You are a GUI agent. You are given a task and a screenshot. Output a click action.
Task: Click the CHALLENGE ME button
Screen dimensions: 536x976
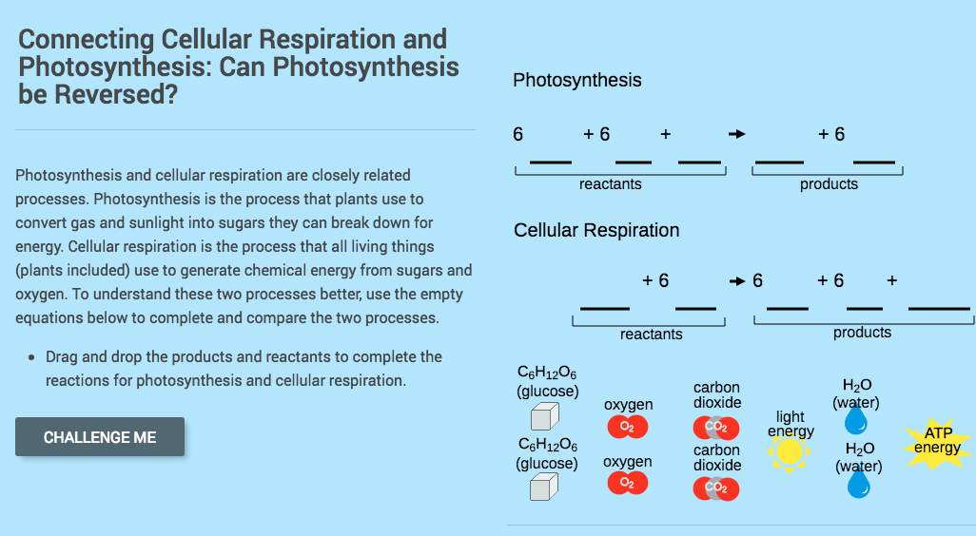tap(100, 437)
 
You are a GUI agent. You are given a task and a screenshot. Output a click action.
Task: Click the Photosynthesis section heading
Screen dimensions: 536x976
tap(576, 81)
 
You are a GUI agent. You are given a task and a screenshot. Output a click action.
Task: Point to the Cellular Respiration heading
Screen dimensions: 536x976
tap(596, 231)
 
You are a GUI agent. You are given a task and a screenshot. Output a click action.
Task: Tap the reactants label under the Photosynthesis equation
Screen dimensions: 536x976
tap(610, 184)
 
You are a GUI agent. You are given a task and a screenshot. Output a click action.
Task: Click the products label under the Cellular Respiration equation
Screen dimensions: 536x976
tap(862, 333)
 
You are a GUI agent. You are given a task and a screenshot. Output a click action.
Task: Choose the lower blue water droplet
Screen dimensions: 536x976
tap(858, 485)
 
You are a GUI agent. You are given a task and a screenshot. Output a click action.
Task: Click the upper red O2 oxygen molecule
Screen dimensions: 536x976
tap(627, 427)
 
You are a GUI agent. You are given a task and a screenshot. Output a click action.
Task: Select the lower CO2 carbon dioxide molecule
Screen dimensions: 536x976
tap(717, 488)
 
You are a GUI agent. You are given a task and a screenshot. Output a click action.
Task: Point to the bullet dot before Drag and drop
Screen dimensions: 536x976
tap(33, 358)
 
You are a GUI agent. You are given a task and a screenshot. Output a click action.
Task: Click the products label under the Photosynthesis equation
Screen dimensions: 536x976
tap(829, 184)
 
